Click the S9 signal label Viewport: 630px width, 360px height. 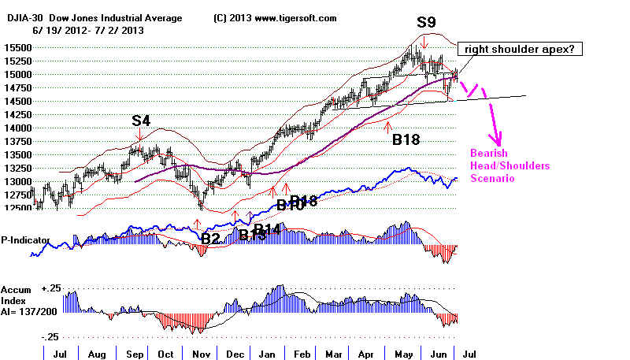(x=427, y=21)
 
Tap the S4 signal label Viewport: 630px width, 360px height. (x=142, y=121)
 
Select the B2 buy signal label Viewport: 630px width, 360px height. (x=210, y=237)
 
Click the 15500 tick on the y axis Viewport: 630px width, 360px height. (x=17, y=47)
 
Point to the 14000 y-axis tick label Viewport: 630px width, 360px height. (x=17, y=128)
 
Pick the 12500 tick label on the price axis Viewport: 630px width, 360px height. (x=17, y=208)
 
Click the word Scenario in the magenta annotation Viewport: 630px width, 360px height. (x=494, y=179)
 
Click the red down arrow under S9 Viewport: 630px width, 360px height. (x=424, y=44)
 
